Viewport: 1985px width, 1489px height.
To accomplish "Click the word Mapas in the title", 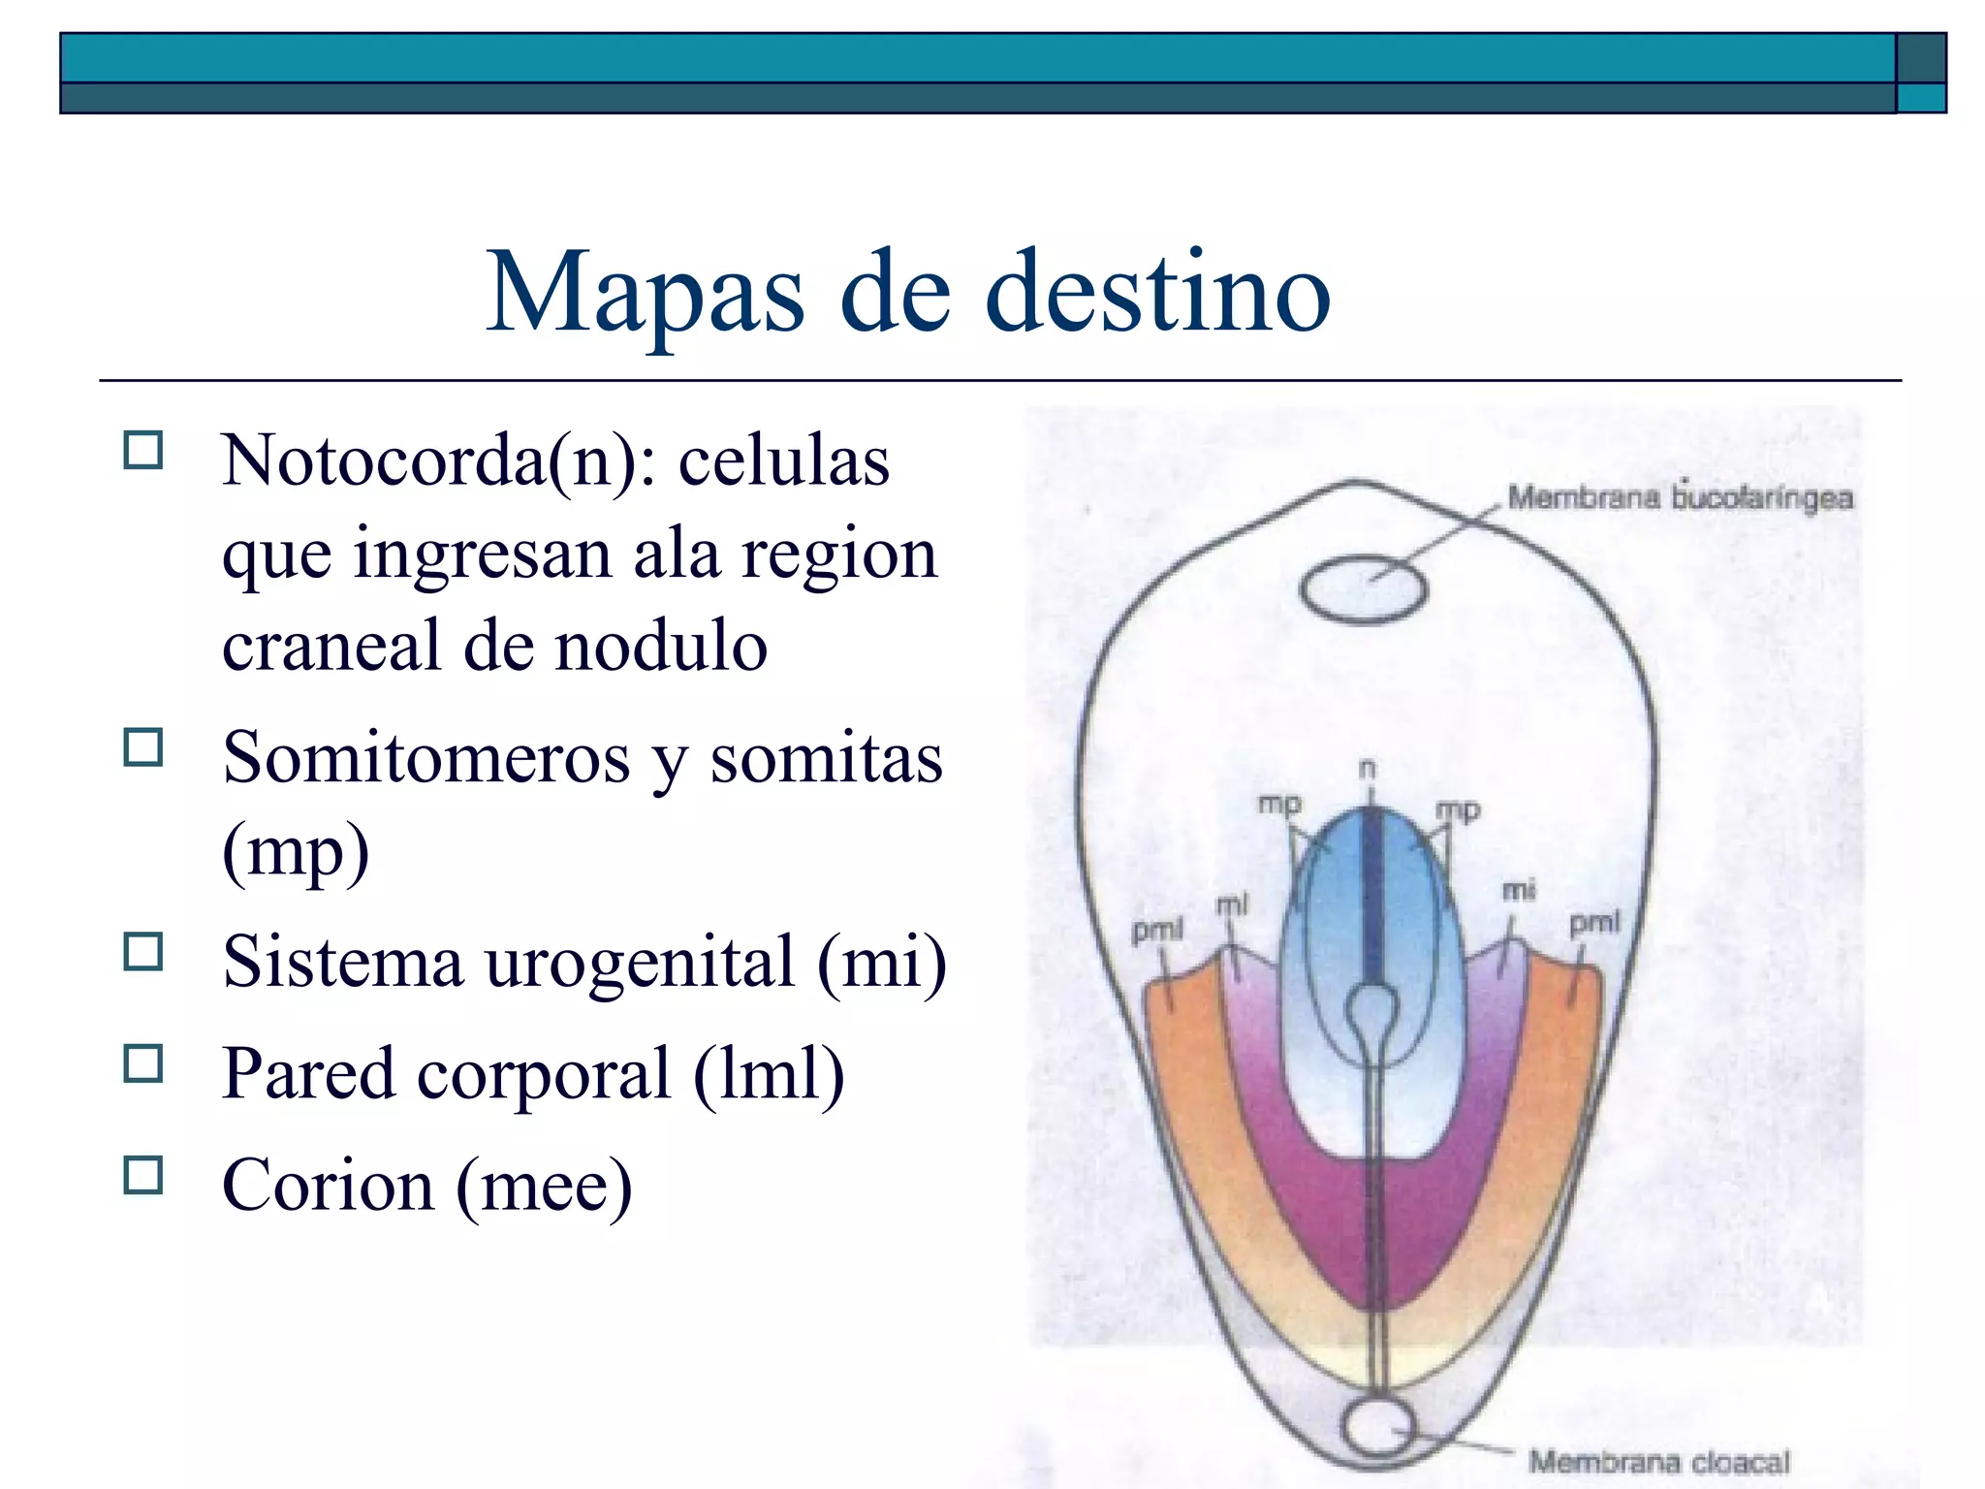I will [645, 293].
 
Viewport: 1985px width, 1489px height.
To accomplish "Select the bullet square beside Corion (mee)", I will [143, 1175].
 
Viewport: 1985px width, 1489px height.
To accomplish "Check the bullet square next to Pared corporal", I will [143, 1063].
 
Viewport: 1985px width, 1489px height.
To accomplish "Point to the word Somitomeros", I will [426, 758].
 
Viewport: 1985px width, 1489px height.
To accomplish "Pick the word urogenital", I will [640, 963].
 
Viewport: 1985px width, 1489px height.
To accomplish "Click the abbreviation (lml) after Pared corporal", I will [769, 1074].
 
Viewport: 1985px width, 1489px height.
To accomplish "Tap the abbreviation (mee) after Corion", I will [544, 1186].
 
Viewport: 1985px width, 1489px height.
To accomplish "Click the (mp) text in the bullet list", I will [296, 852].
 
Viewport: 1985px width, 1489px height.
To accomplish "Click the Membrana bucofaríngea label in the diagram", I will [1680, 498].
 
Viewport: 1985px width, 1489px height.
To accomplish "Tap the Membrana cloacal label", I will [1658, 1461].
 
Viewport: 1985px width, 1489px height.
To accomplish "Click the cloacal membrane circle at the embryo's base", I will [1377, 1427].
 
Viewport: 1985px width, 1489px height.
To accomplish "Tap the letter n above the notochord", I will [1367, 769].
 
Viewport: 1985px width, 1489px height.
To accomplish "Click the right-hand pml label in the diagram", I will [1594, 922].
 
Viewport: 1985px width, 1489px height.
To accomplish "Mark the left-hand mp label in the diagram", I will [1279, 804].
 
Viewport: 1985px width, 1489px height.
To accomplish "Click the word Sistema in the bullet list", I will [343, 963].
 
